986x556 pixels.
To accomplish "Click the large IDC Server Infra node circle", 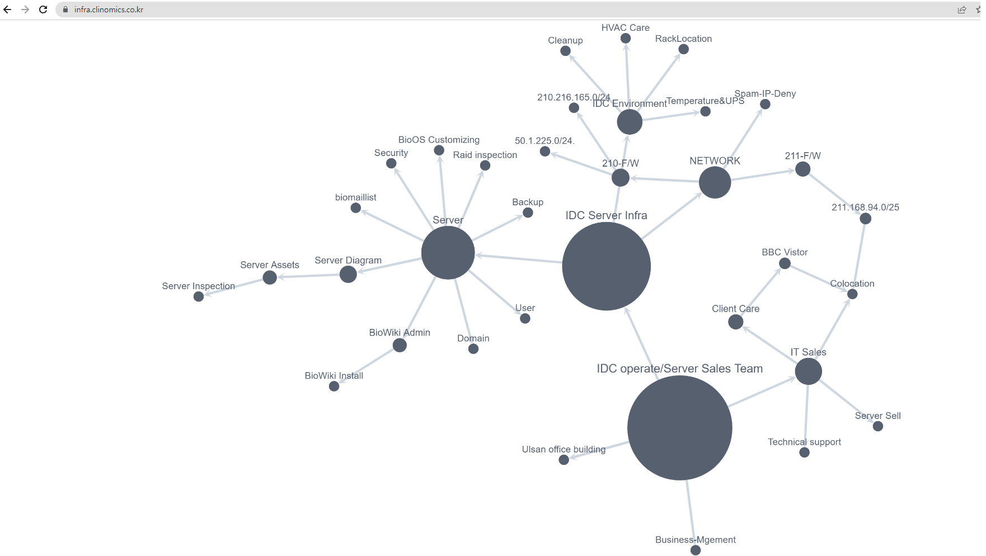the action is (606, 266).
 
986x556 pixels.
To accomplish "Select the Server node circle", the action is (448, 253).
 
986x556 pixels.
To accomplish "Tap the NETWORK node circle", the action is (715, 182).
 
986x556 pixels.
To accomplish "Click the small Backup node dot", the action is (528, 213).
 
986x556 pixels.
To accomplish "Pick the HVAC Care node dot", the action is (626, 38).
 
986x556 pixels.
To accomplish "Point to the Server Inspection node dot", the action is (199, 296).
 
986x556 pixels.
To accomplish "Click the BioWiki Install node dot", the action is (334, 386).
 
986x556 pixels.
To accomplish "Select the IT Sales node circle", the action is (808, 371).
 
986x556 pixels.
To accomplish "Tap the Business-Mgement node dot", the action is (696, 550).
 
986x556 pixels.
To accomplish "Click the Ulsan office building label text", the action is (564, 449).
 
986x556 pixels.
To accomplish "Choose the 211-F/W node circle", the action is (802, 169).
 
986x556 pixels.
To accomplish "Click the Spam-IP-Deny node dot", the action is (765, 104).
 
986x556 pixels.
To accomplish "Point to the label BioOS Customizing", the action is (439, 140).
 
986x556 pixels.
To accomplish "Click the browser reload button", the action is (43, 10).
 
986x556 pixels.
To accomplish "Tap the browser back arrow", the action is (7, 10).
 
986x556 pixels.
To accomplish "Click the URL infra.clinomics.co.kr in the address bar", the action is (109, 10).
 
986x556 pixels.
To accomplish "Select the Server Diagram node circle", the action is (348, 274).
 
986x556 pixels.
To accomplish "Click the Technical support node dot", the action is (804, 452).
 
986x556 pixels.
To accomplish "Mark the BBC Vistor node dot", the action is (785, 263).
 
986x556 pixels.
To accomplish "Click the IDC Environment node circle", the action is (630, 122).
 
